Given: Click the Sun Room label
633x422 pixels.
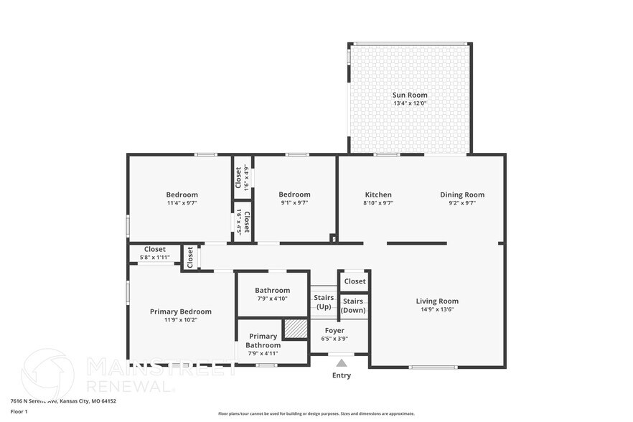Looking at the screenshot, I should click(410, 95).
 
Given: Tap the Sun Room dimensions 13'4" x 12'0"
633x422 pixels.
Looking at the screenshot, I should click(410, 103).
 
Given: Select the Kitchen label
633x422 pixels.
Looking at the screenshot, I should click(378, 194).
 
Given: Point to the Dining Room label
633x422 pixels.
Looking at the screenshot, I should click(462, 194).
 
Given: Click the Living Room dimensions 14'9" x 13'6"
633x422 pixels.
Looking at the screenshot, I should click(437, 309).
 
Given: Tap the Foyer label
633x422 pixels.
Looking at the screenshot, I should click(334, 331).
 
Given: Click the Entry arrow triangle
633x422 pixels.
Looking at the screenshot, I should click(342, 363).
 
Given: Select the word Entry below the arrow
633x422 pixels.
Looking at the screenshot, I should click(342, 375).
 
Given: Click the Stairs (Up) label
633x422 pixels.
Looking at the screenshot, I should click(324, 301).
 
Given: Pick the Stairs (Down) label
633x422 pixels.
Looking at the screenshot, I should click(353, 306).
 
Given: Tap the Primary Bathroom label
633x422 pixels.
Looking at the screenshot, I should click(263, 340).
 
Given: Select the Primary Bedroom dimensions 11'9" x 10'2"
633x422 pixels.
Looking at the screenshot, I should click(181, 320).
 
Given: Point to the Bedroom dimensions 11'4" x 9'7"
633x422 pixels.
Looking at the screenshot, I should click(182, 203).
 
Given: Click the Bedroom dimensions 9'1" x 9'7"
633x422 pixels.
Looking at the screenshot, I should click(294, 203).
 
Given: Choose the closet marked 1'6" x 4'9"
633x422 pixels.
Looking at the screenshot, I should click(242, 177).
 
